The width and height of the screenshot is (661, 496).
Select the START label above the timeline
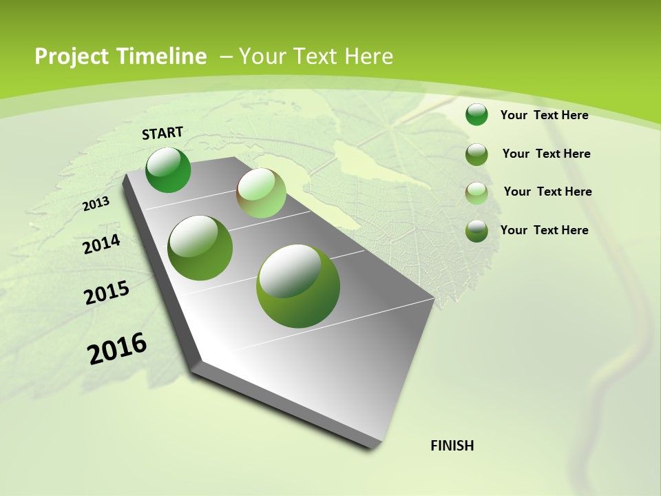pyautogui.click(x=162, y=133)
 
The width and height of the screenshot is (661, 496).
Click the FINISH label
pyautogui.click(x=452, y=446)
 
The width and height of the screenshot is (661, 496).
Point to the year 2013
pyautogui.click(x=96, y=204)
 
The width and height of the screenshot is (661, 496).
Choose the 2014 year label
pyautogui.click(x=101, y=244)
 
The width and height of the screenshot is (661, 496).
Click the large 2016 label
pyautogui.click(x=117, y=349)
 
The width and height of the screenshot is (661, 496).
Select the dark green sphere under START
pyautogui.click(x=168, y=169)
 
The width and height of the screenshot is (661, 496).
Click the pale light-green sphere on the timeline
pyautogui.click(x=261, y=193)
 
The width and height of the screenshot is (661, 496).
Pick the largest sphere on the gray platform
pyautogui.click(x=298, y=286)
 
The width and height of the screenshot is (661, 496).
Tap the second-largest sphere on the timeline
pyautogui.click(x=200, y=248)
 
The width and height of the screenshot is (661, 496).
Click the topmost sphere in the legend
pyautogui.click(x=476, y=114)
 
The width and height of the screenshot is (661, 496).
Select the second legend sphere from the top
pyautogui.click(x=476, y=154)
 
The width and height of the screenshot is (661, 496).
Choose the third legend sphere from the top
pyautogui.click(x=476, y=193)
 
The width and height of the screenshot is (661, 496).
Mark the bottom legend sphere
pyautogui.click(x=476, y=231)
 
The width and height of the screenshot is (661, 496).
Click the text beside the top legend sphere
pyautogui.click(x=544, y=115)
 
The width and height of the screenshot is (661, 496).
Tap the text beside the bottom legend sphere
pyautogui.click(x=544, y=230)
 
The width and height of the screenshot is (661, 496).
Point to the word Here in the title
pyautogui.click(x=368, y=56)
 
